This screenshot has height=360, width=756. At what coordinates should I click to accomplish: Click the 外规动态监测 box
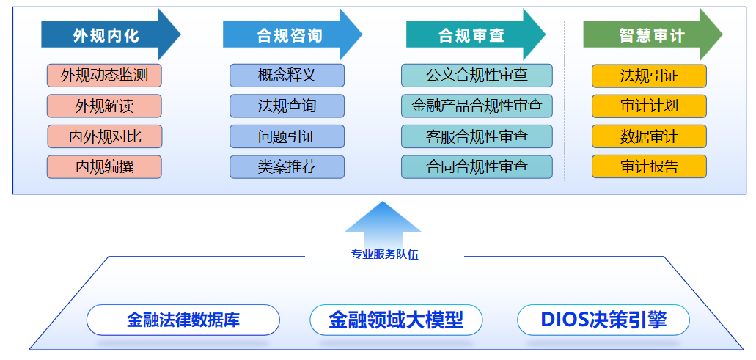tap(104, 76)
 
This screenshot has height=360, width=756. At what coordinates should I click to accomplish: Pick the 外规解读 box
tap(104, 106)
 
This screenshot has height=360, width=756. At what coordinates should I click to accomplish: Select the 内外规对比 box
tap(105, 136)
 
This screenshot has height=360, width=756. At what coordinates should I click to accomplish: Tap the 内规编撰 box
tap(104, 166)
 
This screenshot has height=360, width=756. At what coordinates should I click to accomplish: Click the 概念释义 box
tap(287, 76)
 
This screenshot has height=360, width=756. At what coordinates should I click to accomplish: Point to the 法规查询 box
tap(287, 106)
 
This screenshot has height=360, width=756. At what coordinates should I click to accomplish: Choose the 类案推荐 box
tap(287, 166)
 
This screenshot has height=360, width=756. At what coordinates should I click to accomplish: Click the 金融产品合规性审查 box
tap(477, 106)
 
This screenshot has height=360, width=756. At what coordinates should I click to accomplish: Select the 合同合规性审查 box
tap(477, 166)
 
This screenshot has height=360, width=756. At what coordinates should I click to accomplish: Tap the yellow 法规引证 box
tap(649, 76)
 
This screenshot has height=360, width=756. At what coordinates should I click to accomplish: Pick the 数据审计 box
tap(649, 136)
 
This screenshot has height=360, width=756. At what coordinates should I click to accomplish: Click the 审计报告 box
tap(649, 166)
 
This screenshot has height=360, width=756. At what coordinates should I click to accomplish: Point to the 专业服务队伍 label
tap(385, 255)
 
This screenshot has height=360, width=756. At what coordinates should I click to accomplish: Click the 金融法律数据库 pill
tap(183, 320)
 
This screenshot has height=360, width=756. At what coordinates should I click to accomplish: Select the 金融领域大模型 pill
tap(396, 320)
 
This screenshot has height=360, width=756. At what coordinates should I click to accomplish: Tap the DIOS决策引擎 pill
tap(603, 320)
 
